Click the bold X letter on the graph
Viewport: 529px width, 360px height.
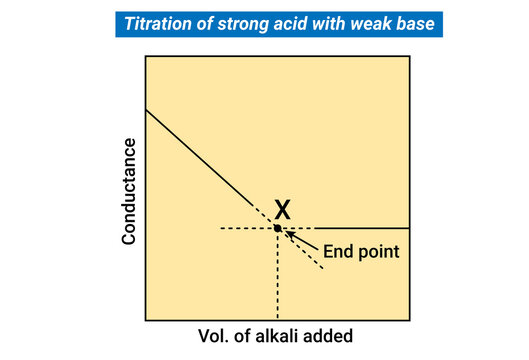point(283,209)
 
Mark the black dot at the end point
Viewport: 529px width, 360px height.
point(278,229)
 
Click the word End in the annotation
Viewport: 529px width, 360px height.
point(337,252)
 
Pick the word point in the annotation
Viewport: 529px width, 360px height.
point(379,253)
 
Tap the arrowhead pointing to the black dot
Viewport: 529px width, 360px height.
point(290,235)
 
